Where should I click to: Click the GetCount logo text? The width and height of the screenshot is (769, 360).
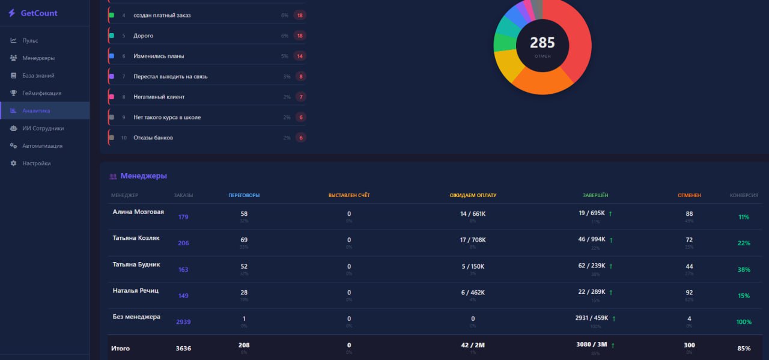39,13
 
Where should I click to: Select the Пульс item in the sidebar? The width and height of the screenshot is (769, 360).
30,40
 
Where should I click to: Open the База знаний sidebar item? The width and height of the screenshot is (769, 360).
38,76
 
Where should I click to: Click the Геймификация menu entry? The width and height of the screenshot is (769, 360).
41,93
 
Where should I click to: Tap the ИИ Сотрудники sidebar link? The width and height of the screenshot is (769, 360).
43,128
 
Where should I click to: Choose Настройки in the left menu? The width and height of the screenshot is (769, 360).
36,163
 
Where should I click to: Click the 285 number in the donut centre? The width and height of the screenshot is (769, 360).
542,43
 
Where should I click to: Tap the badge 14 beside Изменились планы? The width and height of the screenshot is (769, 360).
299,56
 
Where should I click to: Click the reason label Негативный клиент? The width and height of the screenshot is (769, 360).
159,97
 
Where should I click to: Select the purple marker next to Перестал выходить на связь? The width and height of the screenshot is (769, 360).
112,76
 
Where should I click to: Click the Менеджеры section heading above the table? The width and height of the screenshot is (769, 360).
144,176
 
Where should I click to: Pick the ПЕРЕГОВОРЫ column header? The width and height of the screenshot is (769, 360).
244,195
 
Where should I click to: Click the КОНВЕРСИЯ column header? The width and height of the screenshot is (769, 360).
744,195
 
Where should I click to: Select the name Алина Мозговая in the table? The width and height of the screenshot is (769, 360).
138,212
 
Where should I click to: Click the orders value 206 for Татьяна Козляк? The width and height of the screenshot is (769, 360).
183,243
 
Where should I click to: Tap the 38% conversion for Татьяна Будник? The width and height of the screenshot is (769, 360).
744,270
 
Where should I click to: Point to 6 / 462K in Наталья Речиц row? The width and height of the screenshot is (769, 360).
473,293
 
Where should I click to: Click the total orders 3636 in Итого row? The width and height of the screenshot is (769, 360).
183,348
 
